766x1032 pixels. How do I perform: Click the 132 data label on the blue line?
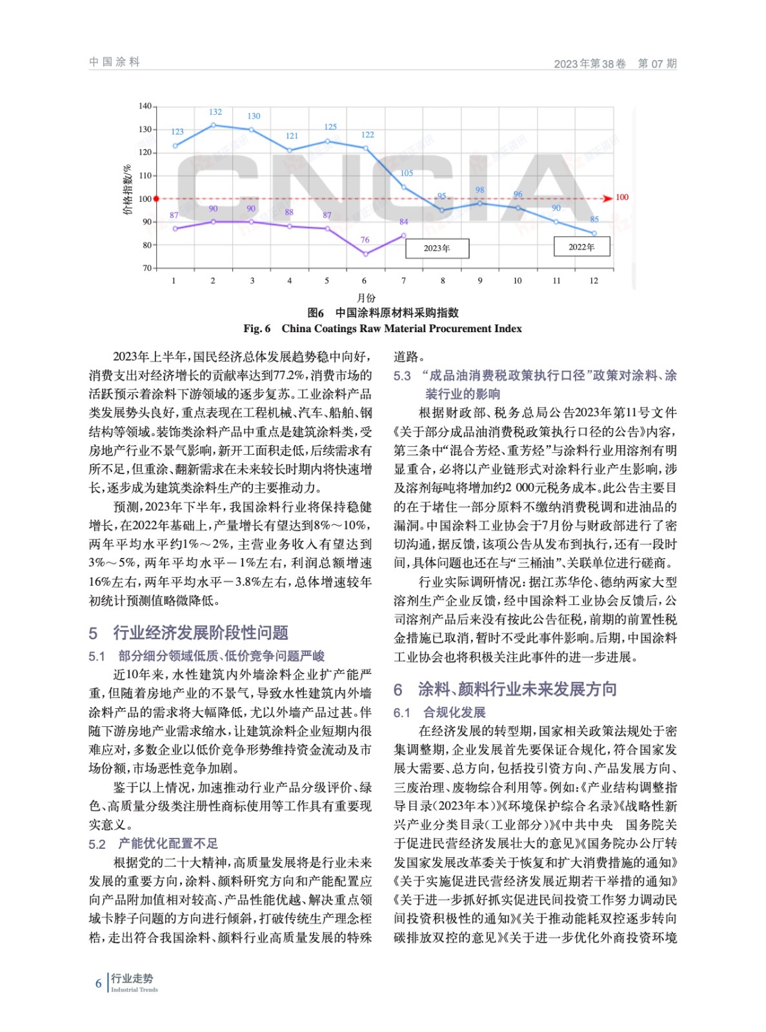215,112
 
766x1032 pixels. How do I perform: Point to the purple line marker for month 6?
366,254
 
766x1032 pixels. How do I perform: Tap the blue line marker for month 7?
404,187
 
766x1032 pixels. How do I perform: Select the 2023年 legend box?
437,248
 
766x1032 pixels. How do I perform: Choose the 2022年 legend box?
581,247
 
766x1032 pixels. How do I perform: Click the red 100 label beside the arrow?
621,197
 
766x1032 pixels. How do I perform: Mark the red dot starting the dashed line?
156,199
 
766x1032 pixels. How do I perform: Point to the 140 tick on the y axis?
145,106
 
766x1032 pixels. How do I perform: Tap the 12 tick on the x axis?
594,281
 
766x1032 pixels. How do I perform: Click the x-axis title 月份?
366,298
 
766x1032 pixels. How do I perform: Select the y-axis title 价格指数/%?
127,190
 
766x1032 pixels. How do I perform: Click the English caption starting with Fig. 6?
382,329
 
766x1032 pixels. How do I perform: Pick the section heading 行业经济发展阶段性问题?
200,633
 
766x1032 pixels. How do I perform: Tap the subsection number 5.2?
97,844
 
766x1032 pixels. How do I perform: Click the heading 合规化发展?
454,713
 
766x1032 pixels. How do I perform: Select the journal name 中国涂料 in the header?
114,62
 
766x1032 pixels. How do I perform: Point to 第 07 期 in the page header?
657,63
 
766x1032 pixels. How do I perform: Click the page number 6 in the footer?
99,984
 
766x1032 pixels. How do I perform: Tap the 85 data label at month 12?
594,219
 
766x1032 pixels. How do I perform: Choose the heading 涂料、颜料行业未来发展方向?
517,690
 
